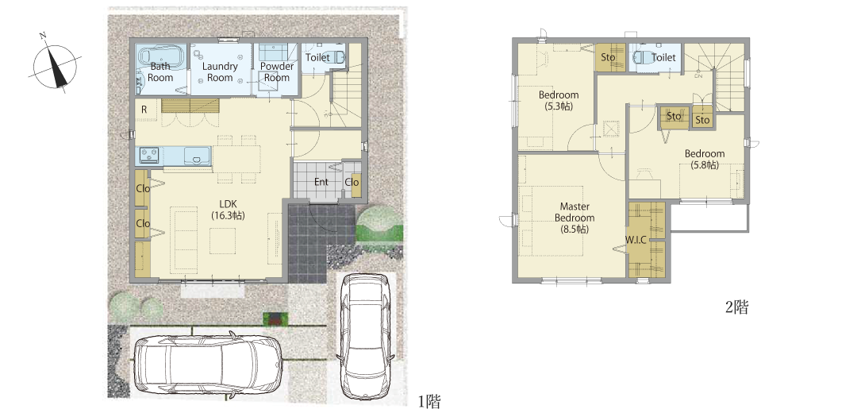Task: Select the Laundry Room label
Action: point(220,71)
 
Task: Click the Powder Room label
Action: point(277,71)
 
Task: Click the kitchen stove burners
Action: point(148,156)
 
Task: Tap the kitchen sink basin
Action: point(197,156)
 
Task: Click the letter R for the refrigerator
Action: point(144,110)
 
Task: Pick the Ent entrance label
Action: point(321,182)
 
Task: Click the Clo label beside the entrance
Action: point(352,182)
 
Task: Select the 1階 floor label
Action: point(429,402)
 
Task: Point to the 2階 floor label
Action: point(736,307)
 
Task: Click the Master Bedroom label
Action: point(575,218)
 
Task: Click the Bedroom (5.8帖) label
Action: point(705,159)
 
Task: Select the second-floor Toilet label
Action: point(663,57)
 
